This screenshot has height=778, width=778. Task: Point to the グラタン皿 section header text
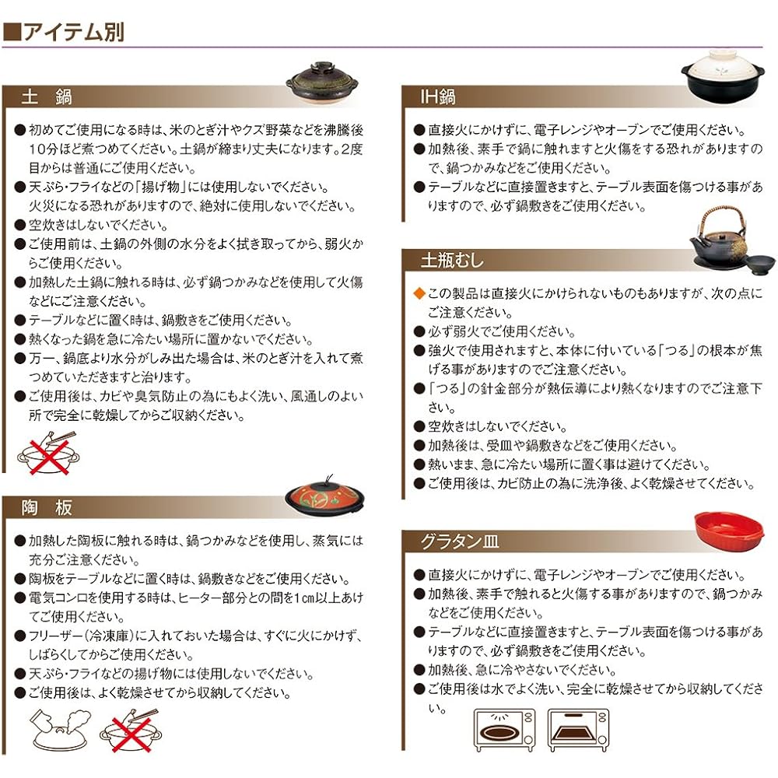click(460, 541)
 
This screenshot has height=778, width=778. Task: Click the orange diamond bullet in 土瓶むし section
click(419, 293)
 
